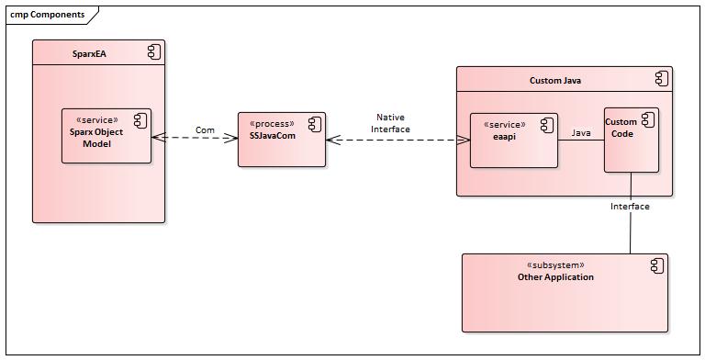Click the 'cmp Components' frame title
point(48,15)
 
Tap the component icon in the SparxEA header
point(154,53)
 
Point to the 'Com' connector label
point(205,130)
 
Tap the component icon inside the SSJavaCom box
point(314,124)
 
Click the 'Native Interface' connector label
point(390,123)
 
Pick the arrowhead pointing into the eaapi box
point(464,141)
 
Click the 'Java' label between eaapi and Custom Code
point(581,133)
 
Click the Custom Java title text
point(554,81)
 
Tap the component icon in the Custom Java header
point(661,80)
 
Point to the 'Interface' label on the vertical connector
point(630,207)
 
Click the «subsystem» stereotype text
point(555,265)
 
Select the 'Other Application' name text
point(555,277)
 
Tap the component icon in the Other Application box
point(655,266)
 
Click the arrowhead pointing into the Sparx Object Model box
point(158,138)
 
